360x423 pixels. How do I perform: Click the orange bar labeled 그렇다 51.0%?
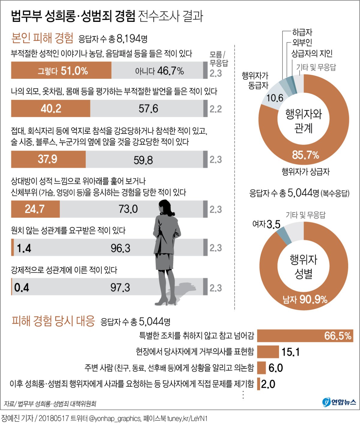click(x=61, y=70)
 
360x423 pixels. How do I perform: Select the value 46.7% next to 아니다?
click(x=170, y=71)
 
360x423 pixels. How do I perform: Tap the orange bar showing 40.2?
click(x=51, y=108)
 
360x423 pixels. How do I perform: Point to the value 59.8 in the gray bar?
click(x=143, y=160)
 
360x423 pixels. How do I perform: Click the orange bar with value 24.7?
click(x=35, y=209)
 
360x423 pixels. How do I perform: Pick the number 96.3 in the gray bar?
click(x=120, y=248)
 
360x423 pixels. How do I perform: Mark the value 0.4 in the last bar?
click(x=22, y=288)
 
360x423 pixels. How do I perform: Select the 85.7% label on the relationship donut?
click(x=305, y=155)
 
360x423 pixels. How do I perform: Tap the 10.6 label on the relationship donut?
click(x=274, y=98)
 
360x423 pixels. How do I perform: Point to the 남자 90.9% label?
click(x=305, y=299)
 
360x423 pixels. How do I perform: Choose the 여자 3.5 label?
click(x=266, y=224)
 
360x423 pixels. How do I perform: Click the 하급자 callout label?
click(x=302, y=32)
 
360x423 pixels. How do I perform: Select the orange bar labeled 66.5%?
click(x=305, y=336)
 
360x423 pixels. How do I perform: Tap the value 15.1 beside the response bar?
click(x=290, y=352)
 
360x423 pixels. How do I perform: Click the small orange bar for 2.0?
click(x=259, y=384)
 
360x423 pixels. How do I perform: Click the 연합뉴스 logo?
click(x=339, y=402)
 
